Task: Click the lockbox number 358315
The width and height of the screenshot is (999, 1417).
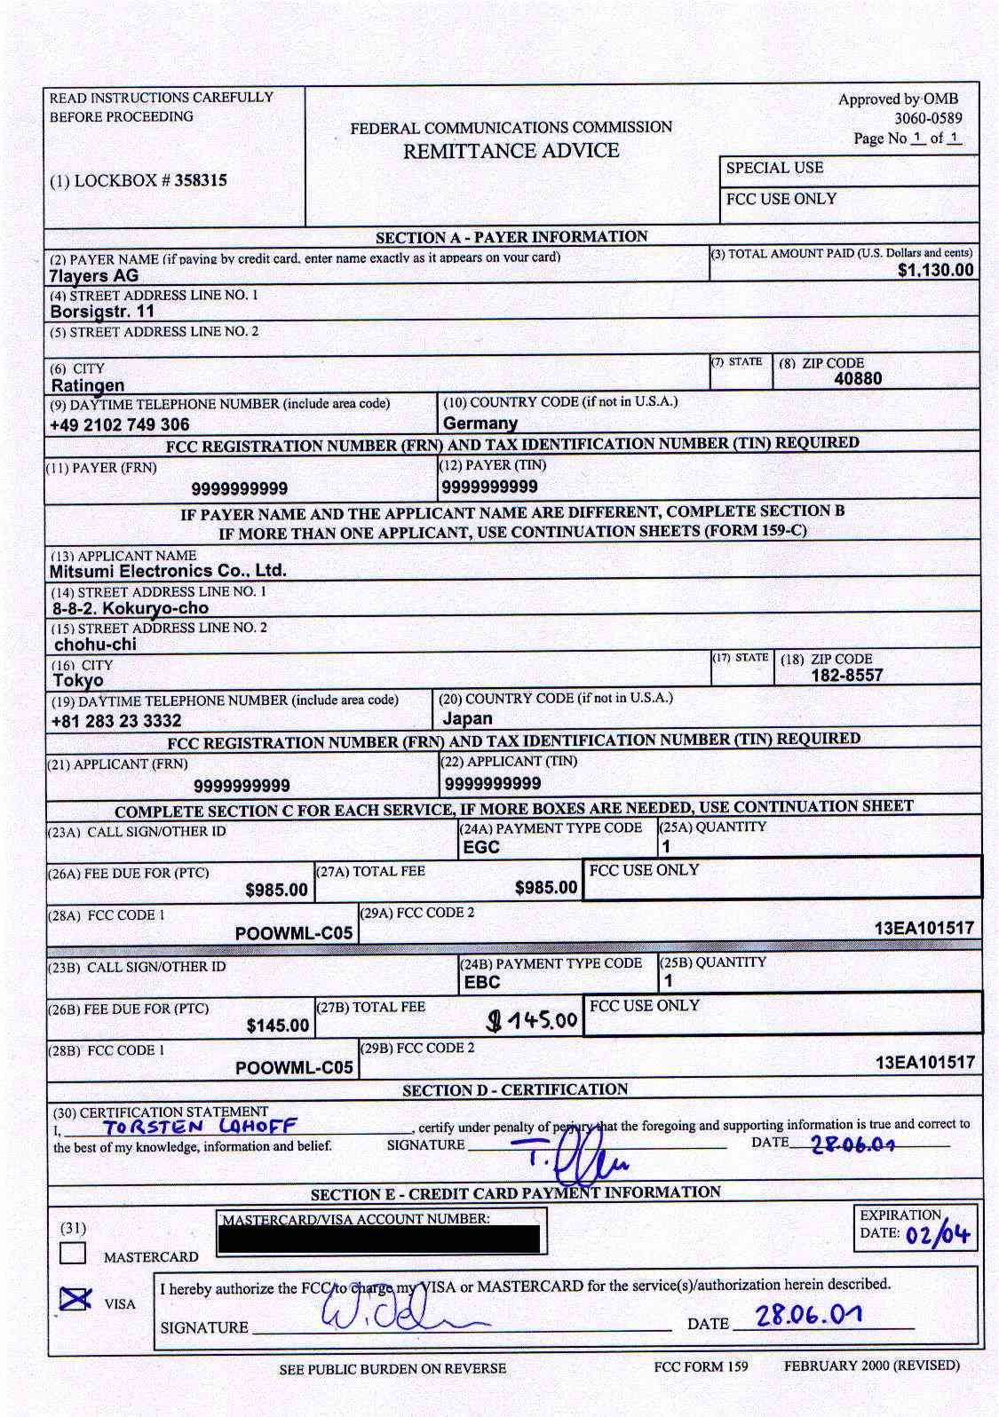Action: pyautogui.click(x=201, y=180)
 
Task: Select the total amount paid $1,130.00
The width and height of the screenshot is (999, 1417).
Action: pyautogui.click(x=935, y=270)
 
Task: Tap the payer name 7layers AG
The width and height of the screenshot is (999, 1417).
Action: pyautogui.click(x=94, y=276)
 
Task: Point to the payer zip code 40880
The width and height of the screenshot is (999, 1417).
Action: pyautogui.click(x=858, y=379)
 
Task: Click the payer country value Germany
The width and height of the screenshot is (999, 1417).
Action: pyautogui.click(x=480, y=423)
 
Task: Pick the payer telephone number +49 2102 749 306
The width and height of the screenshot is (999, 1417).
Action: pyautogui.click(x=120, y=424)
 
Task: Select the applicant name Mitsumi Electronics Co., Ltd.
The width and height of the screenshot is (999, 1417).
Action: pyautogui.click(x=168, y=571)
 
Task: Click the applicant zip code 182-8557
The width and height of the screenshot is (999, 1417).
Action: pyautogui.click(x=846, y=676)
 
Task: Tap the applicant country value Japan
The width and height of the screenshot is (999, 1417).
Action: pyautogui.click(x=467, y=718)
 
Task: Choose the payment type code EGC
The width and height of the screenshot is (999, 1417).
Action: pyautogui.click(x=481, y=847)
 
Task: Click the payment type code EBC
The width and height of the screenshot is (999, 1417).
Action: pyautogui.click(x=482, y=983)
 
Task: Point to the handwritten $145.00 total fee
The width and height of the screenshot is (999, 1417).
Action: pyautogui.click(x=533, y=1020)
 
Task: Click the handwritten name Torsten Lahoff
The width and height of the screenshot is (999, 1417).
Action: pyautogui.click(x=200, y=1128)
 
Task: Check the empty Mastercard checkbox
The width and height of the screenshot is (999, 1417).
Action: pyautogui.click(x=73, y=1252)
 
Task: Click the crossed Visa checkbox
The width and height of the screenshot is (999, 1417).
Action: pyautogui.click(x=75, y=1299)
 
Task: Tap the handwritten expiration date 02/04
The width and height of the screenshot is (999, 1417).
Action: pyautogui.click(x=938, y=1235)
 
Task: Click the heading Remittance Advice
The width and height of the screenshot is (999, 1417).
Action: pyautogui.click(x=511, y=151)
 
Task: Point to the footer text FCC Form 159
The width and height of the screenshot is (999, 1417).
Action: pyautogui.click(x=701, y=1366)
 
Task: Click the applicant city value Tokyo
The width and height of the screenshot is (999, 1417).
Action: pyautogui.click(x=78, y=681)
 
